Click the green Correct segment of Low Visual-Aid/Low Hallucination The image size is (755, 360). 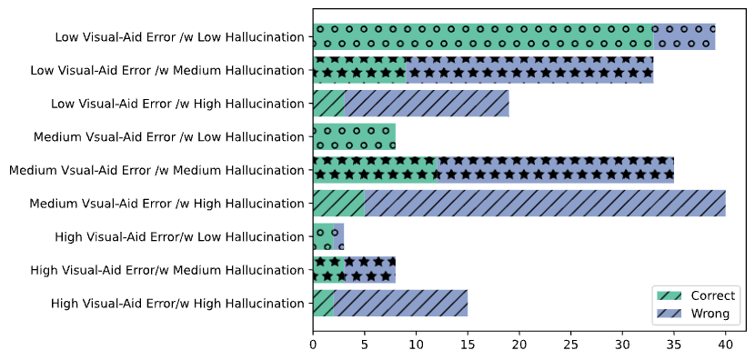[482, 37]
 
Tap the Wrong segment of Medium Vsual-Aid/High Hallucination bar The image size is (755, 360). [545, 204]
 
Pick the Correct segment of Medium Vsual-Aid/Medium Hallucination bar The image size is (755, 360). [375, 170]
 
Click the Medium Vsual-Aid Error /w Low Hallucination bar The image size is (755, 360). [354, 137]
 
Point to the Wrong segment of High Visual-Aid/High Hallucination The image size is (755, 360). [401, 304]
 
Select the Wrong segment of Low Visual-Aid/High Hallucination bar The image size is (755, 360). [426, 104]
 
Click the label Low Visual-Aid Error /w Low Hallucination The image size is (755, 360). [179, 37]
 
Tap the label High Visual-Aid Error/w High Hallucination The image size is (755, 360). [177, 304]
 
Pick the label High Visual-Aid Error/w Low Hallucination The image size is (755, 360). [178, 237]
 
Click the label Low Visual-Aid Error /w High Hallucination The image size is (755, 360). [178, 104]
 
